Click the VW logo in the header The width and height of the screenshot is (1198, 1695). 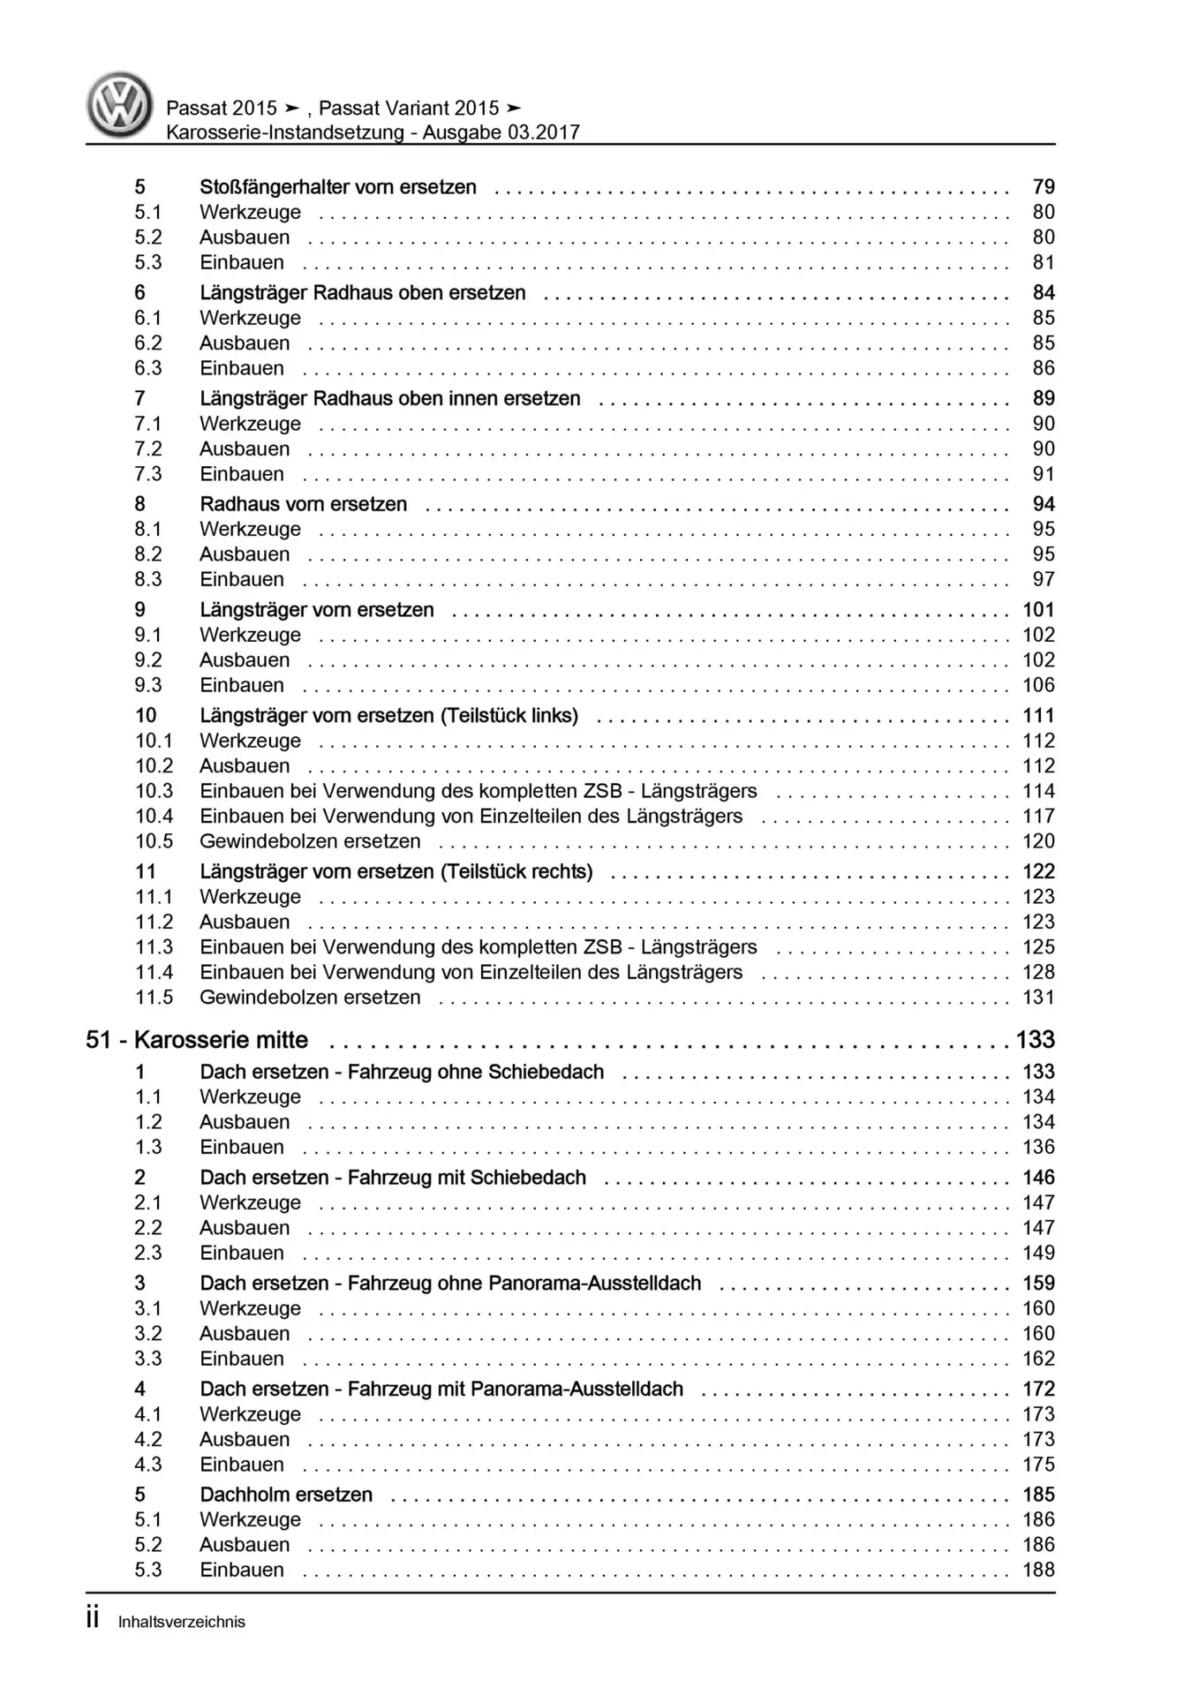119,105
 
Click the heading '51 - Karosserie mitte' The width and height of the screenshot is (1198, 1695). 197,1040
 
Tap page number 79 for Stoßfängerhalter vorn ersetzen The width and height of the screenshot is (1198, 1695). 1044,187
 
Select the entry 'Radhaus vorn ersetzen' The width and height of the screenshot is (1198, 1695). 303,504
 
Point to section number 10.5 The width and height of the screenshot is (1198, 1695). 154,841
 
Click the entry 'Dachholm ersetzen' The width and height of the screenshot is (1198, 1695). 286,1495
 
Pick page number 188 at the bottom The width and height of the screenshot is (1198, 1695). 1038,1570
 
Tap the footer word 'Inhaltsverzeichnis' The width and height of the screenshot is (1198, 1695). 182,1622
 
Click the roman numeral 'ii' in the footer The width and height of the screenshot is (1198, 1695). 93,1618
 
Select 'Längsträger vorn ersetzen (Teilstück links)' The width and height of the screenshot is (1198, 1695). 388,716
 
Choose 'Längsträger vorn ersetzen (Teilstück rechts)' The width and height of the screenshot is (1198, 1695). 396,872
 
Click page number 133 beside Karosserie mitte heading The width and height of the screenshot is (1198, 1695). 1035,1040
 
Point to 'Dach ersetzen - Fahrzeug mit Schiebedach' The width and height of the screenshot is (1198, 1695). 393,1178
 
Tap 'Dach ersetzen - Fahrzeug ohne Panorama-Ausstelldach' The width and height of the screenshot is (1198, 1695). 450,1284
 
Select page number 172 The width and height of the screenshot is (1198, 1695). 1038,1389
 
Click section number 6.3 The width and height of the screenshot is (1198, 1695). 148,368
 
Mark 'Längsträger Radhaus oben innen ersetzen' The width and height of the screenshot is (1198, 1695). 389,399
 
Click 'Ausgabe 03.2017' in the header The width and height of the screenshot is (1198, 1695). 501,132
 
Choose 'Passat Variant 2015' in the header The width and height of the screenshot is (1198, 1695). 409,109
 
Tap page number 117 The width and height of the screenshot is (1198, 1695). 1038,817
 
